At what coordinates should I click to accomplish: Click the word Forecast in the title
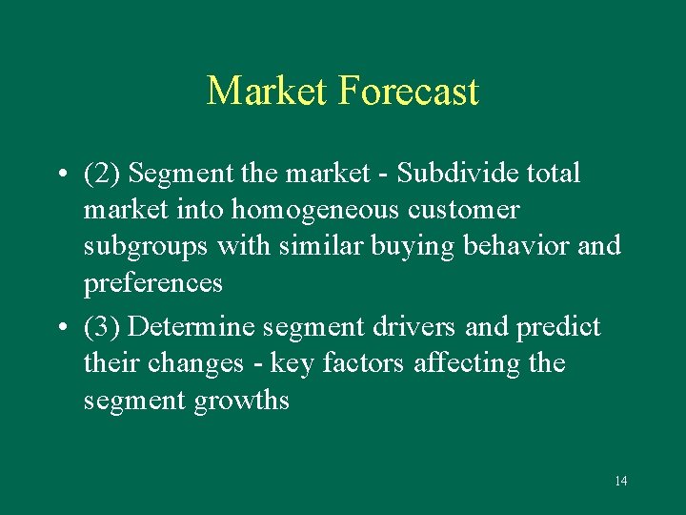click(x=408, y=92)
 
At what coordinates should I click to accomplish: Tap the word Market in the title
click(x=268, y=92)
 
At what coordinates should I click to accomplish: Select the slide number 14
click(x=620, y=481)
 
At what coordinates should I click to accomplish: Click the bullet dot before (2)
click(x=60, y=175)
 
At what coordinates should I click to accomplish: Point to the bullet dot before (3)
click(x=60, y=328)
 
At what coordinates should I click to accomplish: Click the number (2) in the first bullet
click(x=101, y=174)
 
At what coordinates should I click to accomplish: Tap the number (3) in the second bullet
click(x=101, y=327)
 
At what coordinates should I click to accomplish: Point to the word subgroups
click(x=146, y=247)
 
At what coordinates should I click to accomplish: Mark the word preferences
click(x=153, y=283)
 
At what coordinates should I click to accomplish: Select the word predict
click(x=558, y=327)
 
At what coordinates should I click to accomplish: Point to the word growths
click(x=241, y=401)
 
